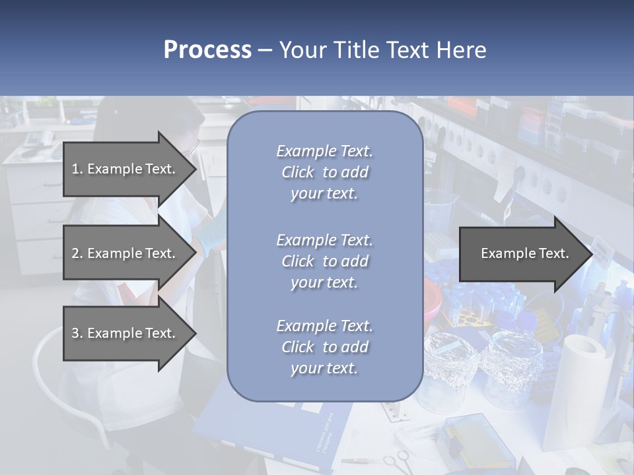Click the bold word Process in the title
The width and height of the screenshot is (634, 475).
click(207, 50)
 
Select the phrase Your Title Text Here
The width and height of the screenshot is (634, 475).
click(382, 50)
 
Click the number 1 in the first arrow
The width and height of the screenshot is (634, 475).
click(75, 169)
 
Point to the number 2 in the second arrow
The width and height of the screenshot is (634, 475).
click(75, 253)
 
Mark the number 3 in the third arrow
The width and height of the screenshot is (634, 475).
click(75, 333)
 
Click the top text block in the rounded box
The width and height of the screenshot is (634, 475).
click(324, 172)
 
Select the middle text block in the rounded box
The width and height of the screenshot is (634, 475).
click(324, 261)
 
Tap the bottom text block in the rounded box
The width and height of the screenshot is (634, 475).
click(324, 347)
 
